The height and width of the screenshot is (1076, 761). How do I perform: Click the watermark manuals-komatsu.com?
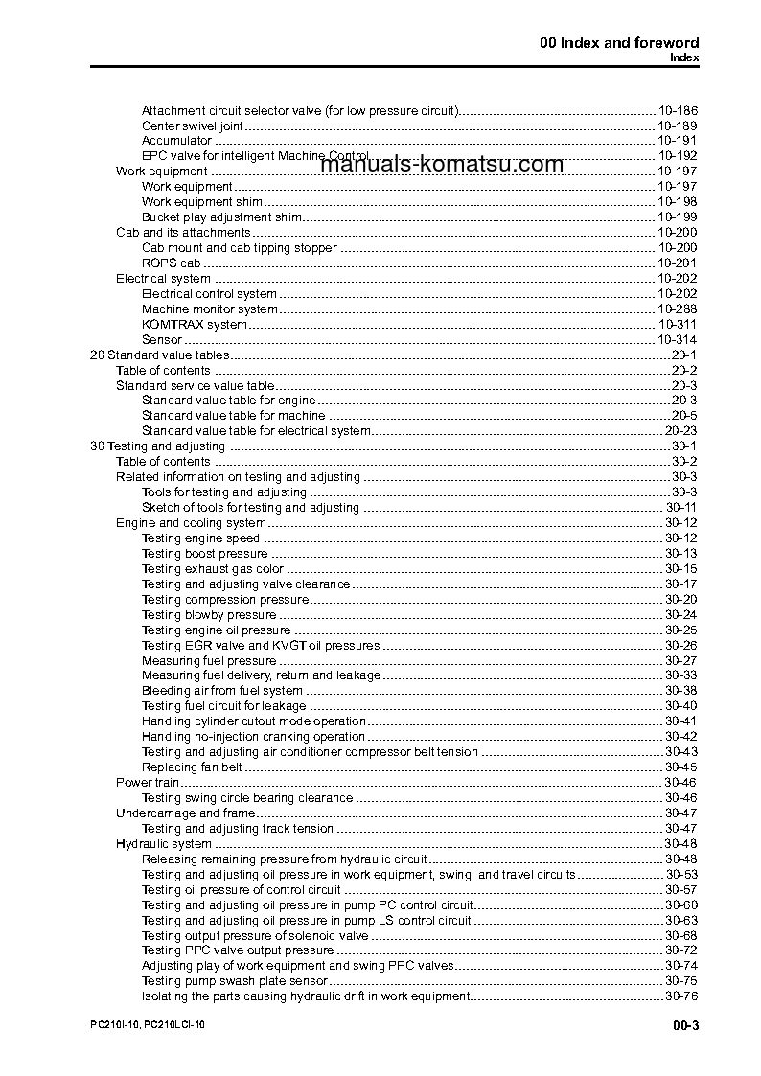click(x=442, y=165)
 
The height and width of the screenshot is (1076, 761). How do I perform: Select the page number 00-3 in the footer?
click(x=685, y=1027)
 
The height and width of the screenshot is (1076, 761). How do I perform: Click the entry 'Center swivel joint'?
click(x=192, y=126)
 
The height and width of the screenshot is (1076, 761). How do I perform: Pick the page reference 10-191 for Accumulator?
click(x=677, y=141)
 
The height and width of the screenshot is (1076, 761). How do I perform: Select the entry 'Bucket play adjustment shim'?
click(x=221, y=217)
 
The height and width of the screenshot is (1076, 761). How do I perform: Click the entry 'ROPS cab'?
click(x=171, y=263)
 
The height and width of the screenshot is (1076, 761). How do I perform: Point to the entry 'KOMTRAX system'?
click(x=194, y=325)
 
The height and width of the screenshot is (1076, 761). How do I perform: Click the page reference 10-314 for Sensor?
click(x=677, y=340)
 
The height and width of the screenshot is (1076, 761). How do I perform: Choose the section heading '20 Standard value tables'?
click(x=159, y=355)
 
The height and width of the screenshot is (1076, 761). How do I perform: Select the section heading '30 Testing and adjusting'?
click(x=157, y=446)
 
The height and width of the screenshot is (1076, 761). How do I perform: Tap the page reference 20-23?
click(x=680, y=431)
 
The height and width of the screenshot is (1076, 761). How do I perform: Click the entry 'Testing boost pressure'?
click(x=204, y=554)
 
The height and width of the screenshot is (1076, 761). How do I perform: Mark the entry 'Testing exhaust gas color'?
click(x=212, y=569)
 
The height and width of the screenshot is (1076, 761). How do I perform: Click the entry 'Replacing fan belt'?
click(x=191, y=767)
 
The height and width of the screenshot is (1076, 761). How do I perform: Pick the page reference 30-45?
click(x=680, y=767)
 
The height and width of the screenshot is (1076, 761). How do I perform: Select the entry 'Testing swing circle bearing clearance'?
click(x=247, y=798)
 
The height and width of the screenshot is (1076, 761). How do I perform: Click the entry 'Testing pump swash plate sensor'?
click(x=234, y=981)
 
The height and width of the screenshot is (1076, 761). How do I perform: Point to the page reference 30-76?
click(x=680, y=996)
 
